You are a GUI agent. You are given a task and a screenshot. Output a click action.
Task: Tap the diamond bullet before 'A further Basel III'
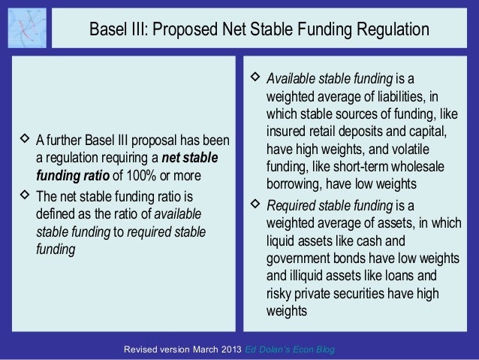click(25, 141)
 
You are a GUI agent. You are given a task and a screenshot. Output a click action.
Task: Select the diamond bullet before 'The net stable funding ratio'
click(25, 195)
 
